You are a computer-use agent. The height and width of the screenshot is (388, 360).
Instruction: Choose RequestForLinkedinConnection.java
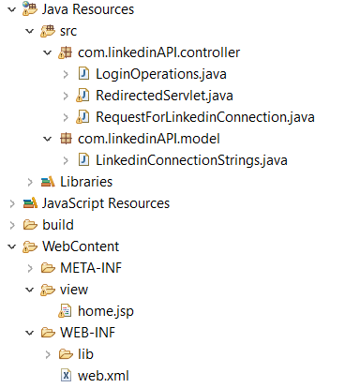tap(204, 116)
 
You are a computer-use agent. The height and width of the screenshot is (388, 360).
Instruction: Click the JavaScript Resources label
tap(106, 202)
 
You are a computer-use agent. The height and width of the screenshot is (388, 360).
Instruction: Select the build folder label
tap(57, 225)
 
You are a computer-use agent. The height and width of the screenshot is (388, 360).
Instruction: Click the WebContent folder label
tap(81, 246)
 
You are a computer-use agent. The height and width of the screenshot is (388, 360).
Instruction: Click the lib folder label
tap(86, 354)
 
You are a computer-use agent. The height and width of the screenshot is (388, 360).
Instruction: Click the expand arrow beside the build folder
tap(9, 225)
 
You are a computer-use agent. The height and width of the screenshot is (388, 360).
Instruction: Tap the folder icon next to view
tap(46, 290)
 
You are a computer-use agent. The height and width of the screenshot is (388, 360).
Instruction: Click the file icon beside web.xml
tap(66, 376)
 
